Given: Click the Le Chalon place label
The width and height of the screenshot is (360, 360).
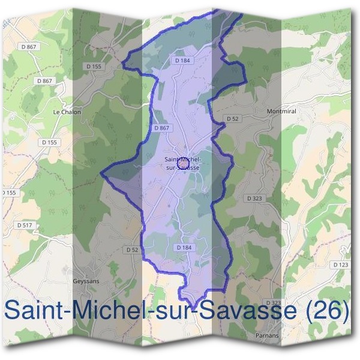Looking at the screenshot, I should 67,112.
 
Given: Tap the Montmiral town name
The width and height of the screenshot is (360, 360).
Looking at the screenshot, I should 280,111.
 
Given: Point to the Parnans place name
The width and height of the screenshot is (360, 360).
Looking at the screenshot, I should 267,335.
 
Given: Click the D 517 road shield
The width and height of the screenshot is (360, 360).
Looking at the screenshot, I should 25,225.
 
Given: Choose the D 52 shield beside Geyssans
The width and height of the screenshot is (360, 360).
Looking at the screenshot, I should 133,249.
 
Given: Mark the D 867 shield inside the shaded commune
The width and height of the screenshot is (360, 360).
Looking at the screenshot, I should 161,128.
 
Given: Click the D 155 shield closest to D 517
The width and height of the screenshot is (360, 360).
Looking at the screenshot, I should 8,192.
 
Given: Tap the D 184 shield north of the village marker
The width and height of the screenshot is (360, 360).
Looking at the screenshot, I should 182,61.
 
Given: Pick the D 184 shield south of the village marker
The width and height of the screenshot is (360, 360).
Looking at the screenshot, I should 184,247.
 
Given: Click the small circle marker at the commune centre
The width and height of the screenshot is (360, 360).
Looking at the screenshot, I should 184,163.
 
